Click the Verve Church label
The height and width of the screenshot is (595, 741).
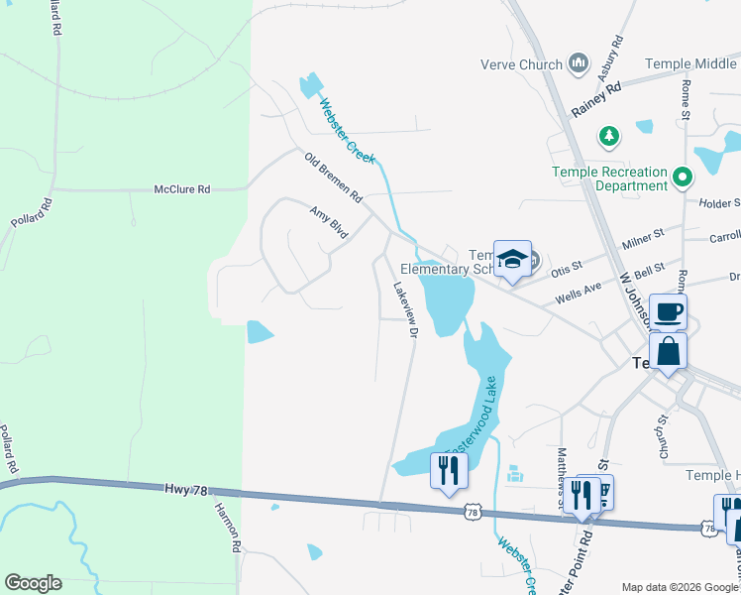pyautogui.click(x=521, y=64)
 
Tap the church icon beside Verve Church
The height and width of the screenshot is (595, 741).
pyautogui.click(x=580, y=64)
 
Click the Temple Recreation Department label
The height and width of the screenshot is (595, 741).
pyautogui.click(x=609, y=178)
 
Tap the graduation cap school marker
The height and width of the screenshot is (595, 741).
pyautogui.click(x=512, y=260)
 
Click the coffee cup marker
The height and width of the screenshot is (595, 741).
pyautogui.click(x=668, y=312)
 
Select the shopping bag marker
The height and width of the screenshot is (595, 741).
pyautogui.click(x=668, y=352)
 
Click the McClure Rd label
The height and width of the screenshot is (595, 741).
pyautogui.click(x=182, y=188)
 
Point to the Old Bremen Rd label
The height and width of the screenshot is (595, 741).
pyautogui.click(x=334, y=177)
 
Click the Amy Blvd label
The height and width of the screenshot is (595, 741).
pyautogui.click(x=329, y=222)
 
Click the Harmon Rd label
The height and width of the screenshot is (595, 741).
pyautogui.click(x=226, y=527)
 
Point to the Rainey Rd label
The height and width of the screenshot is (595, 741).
pyautogui.click(x=596, y=99)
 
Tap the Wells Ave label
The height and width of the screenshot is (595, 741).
pyautogui.click(x=580, y=288)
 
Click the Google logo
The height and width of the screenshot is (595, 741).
pyautogui.click(x=33, y=583)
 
